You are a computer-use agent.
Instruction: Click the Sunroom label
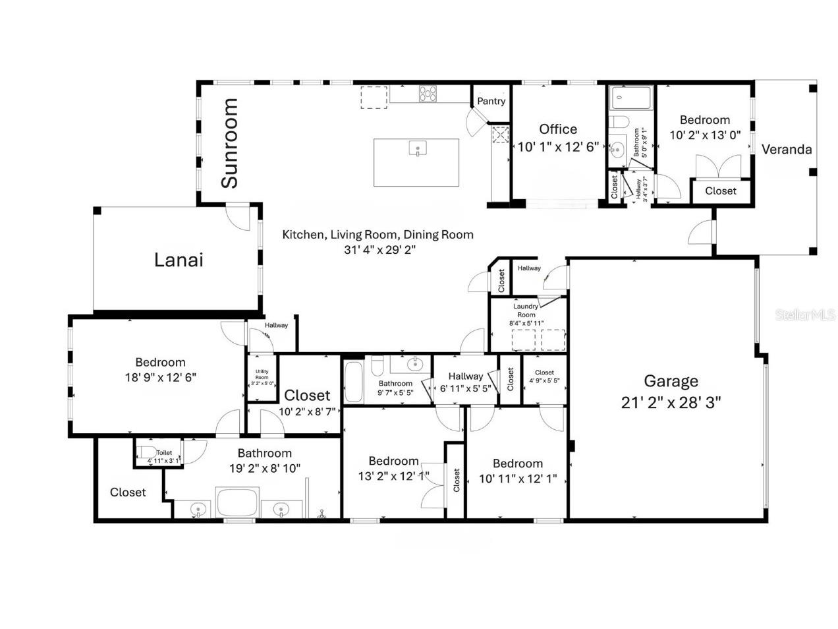click(x=229, y=143)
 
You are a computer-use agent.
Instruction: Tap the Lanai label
click(x=179, y=260)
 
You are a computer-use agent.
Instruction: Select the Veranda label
click(x=787, y=149)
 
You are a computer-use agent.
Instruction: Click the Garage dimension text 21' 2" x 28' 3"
click(x=671, y=403)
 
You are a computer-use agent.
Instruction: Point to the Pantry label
click(x=491, y=101)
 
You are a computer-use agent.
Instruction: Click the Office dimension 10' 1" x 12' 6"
click(x=557, y=146)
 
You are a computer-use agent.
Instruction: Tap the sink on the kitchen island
click(x=418, y=149)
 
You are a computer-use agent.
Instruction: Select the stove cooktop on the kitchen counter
click(x=428, y=94)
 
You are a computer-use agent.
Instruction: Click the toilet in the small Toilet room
click(x=146, y=452)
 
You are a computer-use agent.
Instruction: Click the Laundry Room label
click(x=526, y=310)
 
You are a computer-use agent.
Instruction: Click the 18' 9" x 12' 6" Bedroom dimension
click(x=160, y=377)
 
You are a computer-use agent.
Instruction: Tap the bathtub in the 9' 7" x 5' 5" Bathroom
click(x=354, y=382)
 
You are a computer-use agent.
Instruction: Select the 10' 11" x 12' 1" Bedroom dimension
click(x=518, y=479)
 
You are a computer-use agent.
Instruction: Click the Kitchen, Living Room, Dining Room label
click(x=377, y=234)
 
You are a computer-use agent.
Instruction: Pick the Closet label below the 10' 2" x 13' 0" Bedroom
click(x=720, y=191)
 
